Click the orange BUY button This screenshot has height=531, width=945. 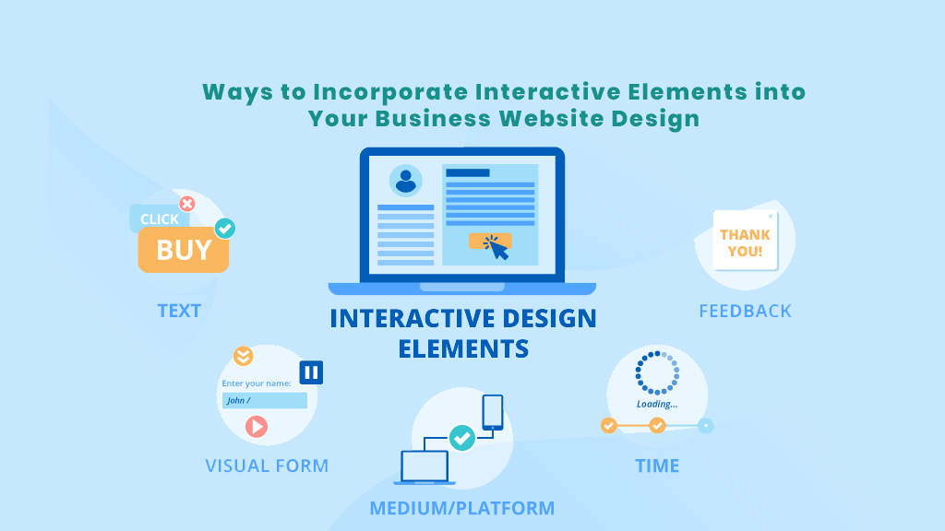pyautogui.click(x=184, y=250)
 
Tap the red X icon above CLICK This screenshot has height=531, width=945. pyautogui.click(x=187, y=204)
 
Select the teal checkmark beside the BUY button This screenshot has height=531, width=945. pyautogui.click(x=224, y=228)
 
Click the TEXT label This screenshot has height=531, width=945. pyautogui.click(x=179, y=311)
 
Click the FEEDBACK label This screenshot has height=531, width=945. pyautogui.click(x=745, y=311)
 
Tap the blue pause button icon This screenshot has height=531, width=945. pyautogui.click(x=311, y=372)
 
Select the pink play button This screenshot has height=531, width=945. pyautogui.click(x=257, y=426)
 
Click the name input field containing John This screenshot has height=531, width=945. pyautogui.click(x=265, y=400)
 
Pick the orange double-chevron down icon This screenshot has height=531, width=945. pyautogui.click(x=243, y=356)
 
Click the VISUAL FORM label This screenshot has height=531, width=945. pyautogui.click(x=267, y=466)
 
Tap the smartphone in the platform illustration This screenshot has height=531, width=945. pyautogui.click(x=493, y=412)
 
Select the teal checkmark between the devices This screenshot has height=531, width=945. pyautogui.click(x=461, y=438)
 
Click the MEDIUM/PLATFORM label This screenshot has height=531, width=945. pyautogui.click(x=462, y=508)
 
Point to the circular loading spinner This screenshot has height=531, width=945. pyautogui.click(x=657, y=373)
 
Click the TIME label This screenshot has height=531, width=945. pyautogui.click(x=657, y=466)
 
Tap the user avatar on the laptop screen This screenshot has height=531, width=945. pyautogui.click(x=405, y=180)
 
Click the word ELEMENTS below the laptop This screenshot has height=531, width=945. pyautogui.click(x=463, y=348)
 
